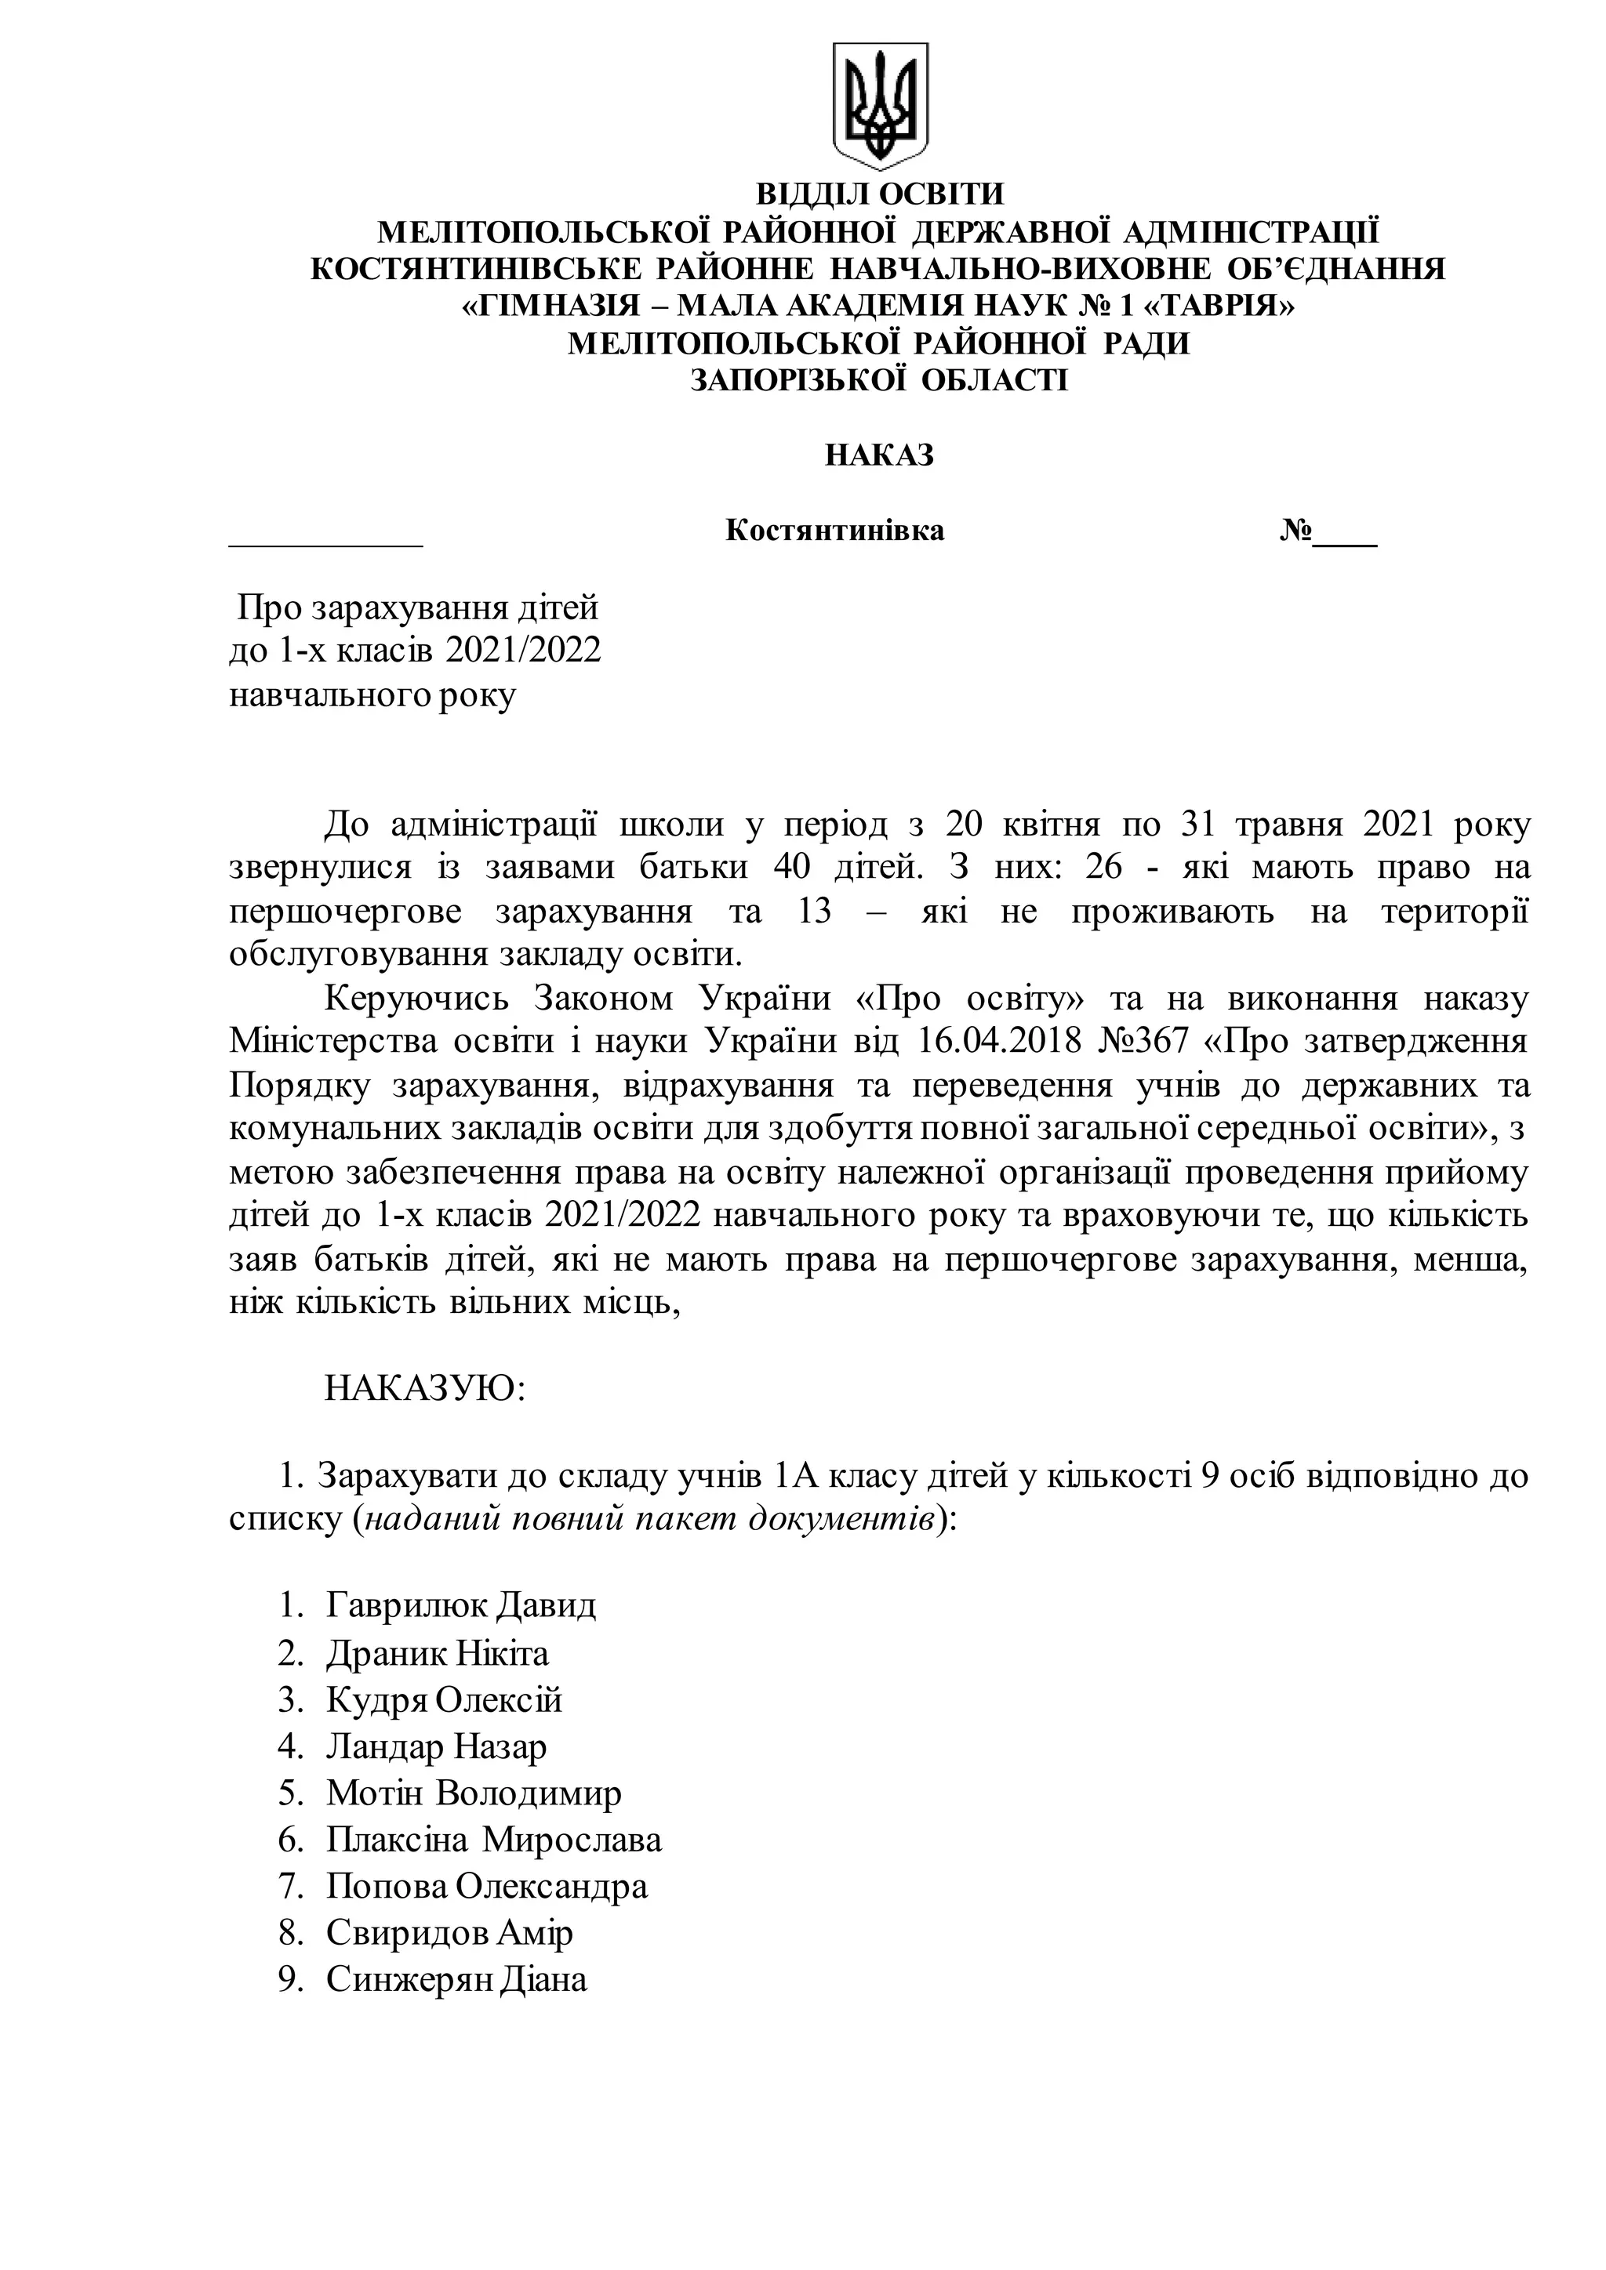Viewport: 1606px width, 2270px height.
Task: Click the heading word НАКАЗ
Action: [x=879, y=455]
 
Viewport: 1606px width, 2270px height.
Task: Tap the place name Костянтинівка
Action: [x=834, y=531]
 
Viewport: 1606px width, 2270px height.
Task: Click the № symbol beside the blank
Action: [x=1295, y=531]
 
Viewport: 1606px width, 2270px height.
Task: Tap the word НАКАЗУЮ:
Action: [x=424, y=1389]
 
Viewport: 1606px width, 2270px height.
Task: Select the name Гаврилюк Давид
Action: [x=461, y=1605]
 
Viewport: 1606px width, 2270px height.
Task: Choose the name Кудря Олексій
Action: [x=444, y=1699]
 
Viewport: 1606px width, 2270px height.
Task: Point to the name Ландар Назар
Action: [x=436, y=1747]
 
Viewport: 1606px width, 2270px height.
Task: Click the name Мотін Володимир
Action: [x=474, y=1793]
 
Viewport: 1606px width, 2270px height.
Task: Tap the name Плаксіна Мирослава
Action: [x=493, y=1840]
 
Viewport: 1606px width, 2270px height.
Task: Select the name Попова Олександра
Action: [x=486, y=1887]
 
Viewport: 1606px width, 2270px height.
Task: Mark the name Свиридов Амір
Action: [x=449, y=1933]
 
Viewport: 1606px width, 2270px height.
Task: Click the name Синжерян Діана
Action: [x=456, y=1980]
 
